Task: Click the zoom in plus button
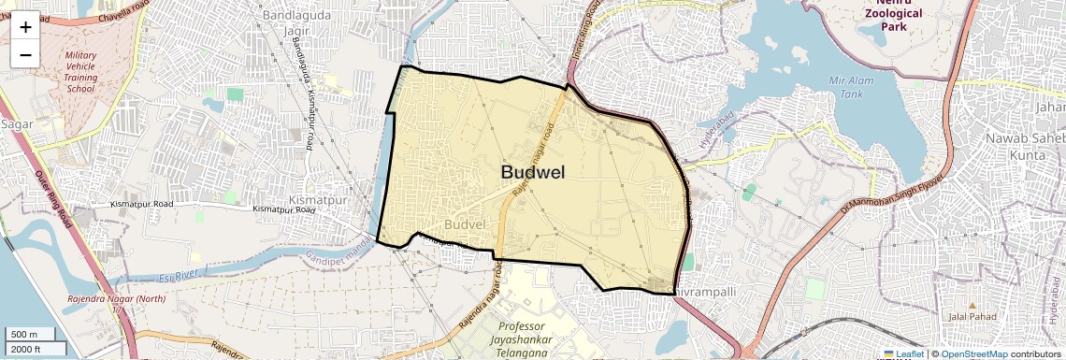[25, 26]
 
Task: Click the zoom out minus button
[25, 54]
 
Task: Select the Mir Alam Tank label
[850, 87]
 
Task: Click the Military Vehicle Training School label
[80, 72]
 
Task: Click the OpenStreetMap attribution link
[973, 354]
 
